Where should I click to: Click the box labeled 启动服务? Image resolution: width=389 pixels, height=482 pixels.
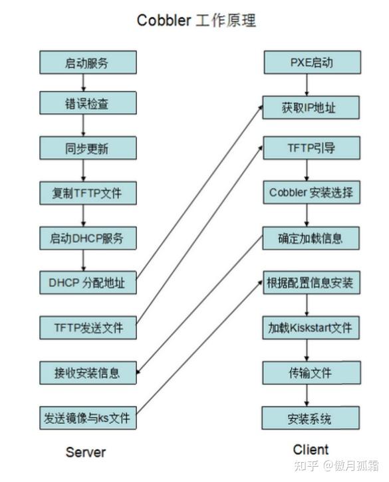87,62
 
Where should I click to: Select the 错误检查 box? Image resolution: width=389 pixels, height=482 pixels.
87,103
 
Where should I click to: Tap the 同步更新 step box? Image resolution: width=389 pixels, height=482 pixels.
87,147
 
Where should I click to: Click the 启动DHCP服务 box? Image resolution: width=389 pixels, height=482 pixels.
87,237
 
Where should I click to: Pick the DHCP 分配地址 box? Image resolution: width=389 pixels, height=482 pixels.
87,282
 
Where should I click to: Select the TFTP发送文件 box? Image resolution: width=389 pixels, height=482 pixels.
87,327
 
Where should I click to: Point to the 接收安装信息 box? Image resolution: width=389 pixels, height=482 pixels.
87,372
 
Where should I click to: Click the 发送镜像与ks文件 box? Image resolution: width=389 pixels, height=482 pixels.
87,418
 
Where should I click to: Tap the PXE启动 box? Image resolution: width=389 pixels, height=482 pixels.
311,62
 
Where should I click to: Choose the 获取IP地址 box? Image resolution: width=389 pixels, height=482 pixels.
311,107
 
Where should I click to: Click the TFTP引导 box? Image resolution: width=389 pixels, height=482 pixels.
311,147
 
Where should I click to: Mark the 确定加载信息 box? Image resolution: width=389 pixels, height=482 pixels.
311,237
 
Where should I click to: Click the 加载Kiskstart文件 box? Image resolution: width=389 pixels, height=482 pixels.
311,327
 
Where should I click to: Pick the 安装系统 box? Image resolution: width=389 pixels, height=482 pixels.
311,418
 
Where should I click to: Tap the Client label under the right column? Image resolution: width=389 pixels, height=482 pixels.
311,449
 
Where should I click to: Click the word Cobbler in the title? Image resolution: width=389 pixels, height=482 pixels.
164,21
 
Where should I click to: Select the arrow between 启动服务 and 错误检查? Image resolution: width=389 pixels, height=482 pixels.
84,83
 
